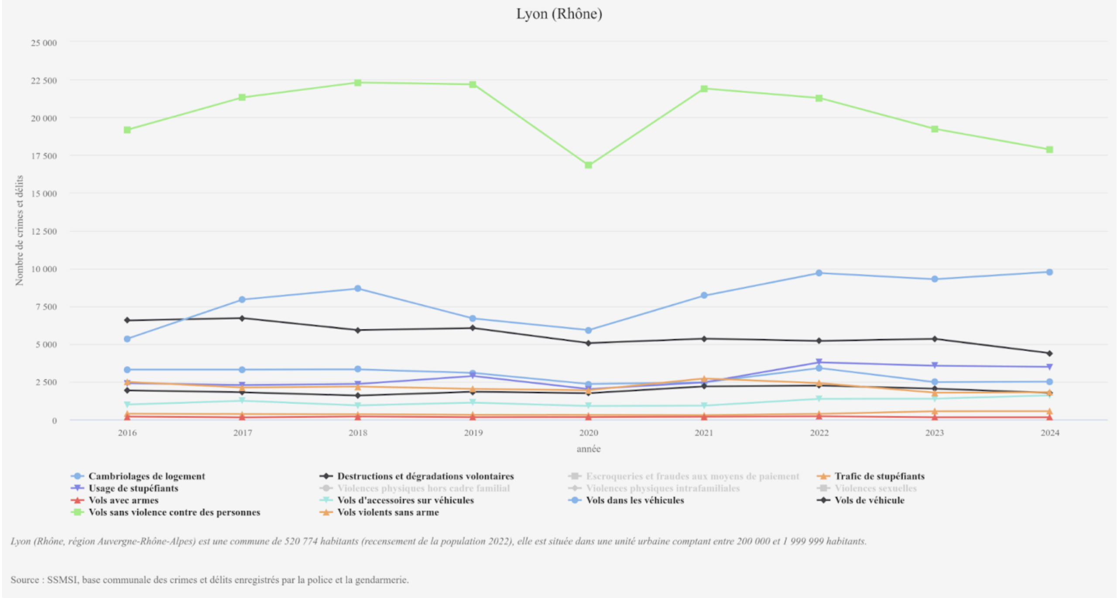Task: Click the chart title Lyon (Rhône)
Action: (559, 14)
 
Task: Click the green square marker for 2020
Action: (588, 165)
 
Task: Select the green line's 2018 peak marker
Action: (358, 83)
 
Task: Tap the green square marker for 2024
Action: (1049, 150)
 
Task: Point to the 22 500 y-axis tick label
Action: (44, 81)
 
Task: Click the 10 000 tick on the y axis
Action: (44, 269)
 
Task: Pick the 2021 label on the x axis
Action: (704, 433)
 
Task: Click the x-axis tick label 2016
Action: (127, 433)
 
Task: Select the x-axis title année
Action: (588, 449)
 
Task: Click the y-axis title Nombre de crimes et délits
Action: (19, 230)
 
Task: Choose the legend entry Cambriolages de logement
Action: (147, 476)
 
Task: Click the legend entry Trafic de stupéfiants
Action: (879, 476)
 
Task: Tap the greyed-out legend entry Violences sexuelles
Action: (875, 488)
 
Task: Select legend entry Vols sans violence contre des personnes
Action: (174, 512)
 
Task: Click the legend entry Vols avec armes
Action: (123, 500)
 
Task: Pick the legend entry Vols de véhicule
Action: (869, 500)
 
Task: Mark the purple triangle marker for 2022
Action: (819, 362)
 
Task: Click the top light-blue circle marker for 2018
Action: (358, 289)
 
